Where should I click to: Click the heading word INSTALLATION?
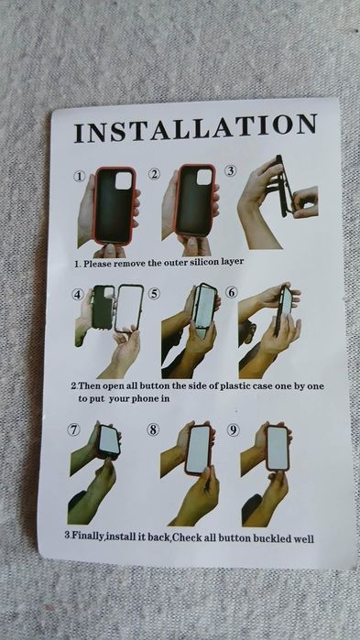pyautogui.click(x=195, y=128)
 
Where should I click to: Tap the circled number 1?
pyautogui.click(x=79, y=177)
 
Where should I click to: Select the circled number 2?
pyautogui.click(x=154, y=174)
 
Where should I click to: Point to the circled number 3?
pyautogui.click(x=231, y=171)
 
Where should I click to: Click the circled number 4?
pyautogui.click(x=78, y=294)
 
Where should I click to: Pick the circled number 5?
pyautogui.click(x=154, y=294)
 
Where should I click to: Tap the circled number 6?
pyautogui.click(x=232, y=292)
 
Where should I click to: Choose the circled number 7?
pyautogui.click(x=73, y=429)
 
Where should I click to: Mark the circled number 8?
pyautogui.click(x=153, y=429)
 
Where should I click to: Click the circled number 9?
pyautogui.click(x=234, y=430)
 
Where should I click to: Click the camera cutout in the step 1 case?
pyautogui.click(x=124, y=180)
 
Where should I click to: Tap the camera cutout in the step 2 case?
pyautogui.click(x=204, y=177)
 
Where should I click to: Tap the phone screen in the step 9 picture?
pyautogui.click(x=278, y=448)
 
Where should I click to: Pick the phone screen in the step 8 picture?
pyautogui.click(x=199, y=450)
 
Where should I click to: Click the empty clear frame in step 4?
pyautogui.click(x=129, y=309)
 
